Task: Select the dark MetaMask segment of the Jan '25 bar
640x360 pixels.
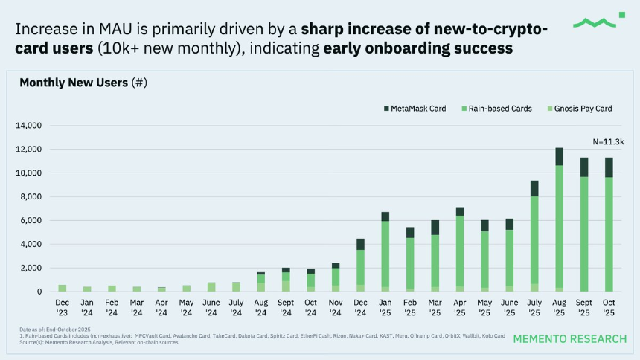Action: [x=385, y=216]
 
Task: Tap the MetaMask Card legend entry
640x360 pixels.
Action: [x=415, y=109]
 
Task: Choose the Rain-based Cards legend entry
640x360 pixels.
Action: [x=496, y=109]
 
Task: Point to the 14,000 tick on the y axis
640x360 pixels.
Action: [x=30, y=126]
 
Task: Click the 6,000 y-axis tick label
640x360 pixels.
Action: [x=32, y=221]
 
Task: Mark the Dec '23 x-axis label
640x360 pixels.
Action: [x=63, y=306]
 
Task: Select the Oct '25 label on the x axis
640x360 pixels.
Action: [x=609, y=306]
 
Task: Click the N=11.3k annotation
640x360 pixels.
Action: [x=608, y=141]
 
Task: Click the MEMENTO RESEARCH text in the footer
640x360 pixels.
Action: [x=570, y=339]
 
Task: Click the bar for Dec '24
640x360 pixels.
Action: [x=360, y=268]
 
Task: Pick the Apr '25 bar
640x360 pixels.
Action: [x=460, y=253]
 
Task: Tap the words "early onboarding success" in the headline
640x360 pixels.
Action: [x=417, y=49]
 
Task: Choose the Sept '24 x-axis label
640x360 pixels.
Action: [x=286, y=306]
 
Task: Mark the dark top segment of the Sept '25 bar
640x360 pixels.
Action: [x=584, y=167]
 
